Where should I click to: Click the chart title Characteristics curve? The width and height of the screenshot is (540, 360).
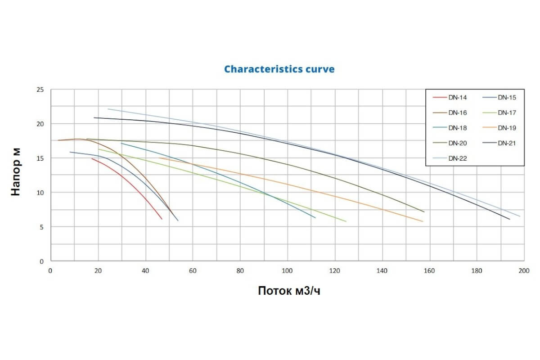pos(279,69)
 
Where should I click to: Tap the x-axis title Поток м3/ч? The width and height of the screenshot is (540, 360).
pos(289,291)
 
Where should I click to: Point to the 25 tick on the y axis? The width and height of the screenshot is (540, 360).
pos(40,90)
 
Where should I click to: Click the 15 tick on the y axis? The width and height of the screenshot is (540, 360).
pos(40,158)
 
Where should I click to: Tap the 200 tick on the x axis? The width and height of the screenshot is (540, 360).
pos(524,270)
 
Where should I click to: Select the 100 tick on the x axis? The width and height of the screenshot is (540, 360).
pos(287,270)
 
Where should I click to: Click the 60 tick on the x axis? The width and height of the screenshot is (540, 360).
pos(193,270)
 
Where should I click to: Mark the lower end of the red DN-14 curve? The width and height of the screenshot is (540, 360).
pos(162,219)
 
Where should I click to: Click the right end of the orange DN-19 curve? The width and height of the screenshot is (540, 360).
pos(423,221)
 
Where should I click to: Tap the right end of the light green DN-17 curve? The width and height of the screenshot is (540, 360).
pos(346,221)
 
